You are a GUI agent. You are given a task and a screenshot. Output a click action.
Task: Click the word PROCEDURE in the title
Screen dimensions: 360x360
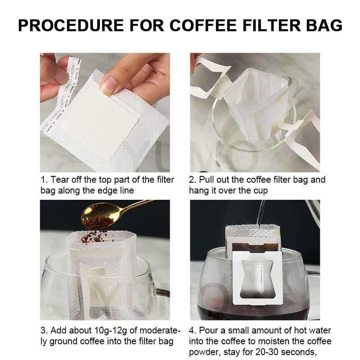click(71, 25)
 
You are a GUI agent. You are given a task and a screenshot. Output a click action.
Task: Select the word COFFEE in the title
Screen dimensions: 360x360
click(203, 25)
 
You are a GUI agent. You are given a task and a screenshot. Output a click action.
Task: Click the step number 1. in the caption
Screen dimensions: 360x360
click(44, 180)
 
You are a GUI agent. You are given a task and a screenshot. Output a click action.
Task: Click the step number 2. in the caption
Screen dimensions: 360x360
click(193, 180)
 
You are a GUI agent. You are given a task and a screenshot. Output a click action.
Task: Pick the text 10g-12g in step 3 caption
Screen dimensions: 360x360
click(110, 331)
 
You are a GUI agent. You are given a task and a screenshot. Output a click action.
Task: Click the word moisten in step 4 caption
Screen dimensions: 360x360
click(272, 342)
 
